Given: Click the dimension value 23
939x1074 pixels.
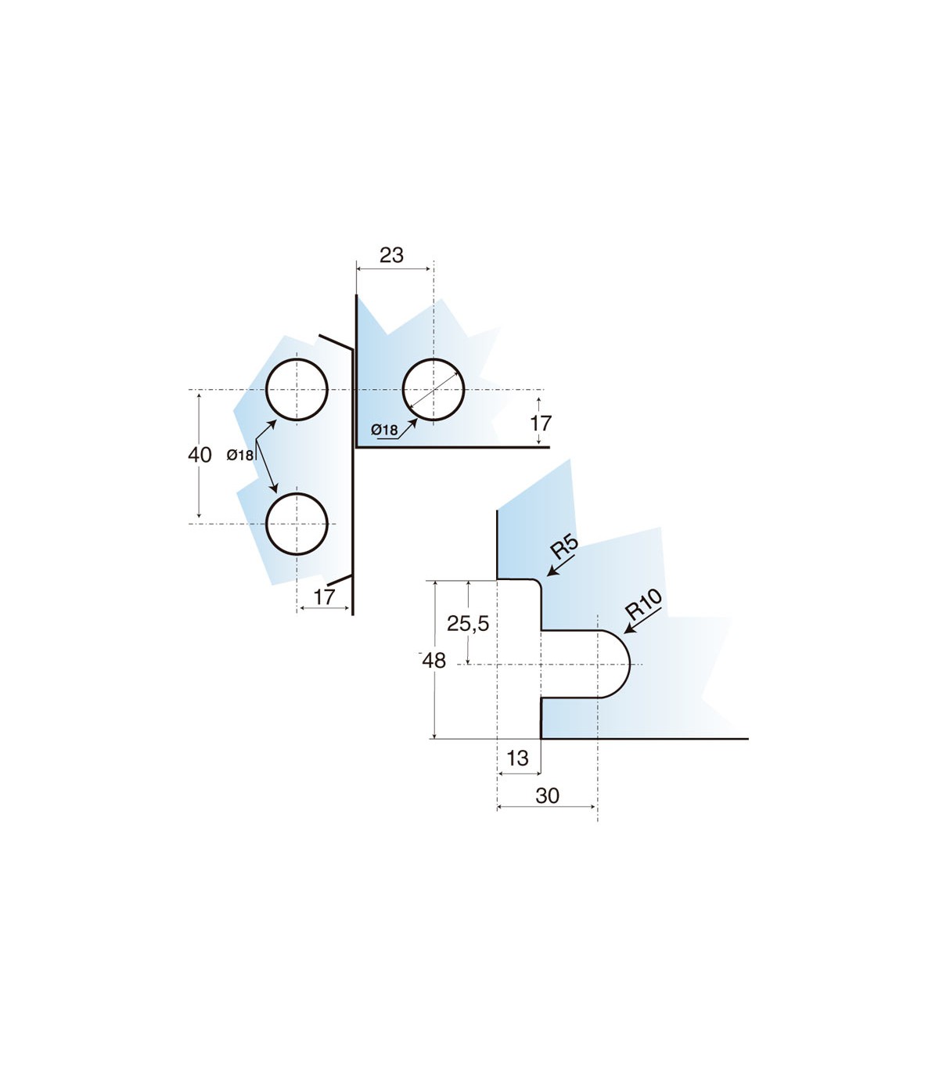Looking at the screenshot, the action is [x=391, y=255].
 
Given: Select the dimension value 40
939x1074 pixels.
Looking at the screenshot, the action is [x=200, y=455].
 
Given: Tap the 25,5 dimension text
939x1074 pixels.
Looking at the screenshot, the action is [x=468, y=623].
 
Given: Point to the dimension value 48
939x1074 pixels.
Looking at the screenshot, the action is [x=434, y=661].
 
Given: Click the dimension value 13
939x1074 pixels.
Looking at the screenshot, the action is [x=518, y=758].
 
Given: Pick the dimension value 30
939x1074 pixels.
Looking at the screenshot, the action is [x=548, y=796].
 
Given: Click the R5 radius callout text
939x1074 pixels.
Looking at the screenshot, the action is [x=564, y=547].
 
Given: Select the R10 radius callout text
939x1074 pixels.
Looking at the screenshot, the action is [x=644, y=605].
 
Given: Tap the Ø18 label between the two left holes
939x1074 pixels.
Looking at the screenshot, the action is [x=240, y=455].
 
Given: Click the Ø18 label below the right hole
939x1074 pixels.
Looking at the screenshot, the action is [x=384, y=430].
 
